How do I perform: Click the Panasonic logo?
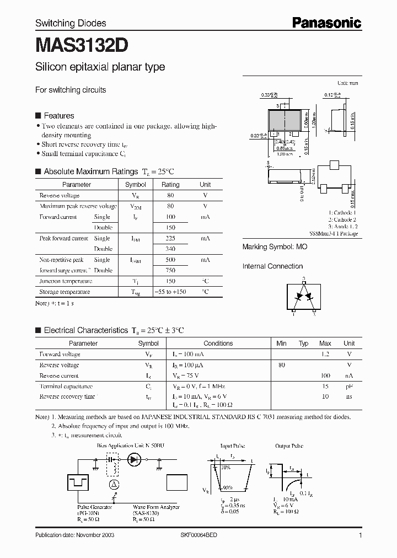(326, 23)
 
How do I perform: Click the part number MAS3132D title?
(83, 44)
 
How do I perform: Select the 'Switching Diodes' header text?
(71, 23)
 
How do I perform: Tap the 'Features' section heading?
(58, 116)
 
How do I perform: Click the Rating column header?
(170, 185)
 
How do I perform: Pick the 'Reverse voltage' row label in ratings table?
(60, 196)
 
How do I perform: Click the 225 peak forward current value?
(170, 238)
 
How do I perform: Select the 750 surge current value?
(170, 270)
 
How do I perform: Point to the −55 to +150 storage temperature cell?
(170, 292)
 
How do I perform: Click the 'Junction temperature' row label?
(65, 281)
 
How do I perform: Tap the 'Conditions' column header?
(218, 343)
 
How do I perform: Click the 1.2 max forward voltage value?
(325, 354)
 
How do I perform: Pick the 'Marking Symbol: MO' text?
(275, 247)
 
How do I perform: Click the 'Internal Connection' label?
(272, 266)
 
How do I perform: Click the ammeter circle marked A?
(114, 484)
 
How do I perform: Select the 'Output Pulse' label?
(289, 446)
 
